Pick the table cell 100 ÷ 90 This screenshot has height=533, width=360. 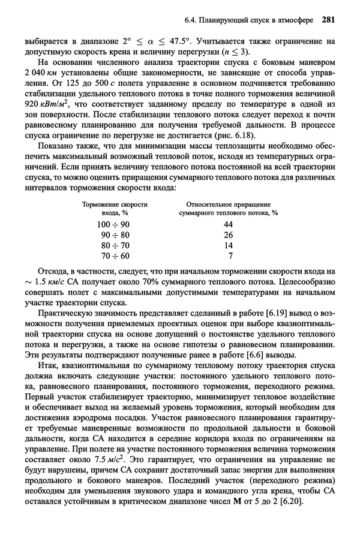113,224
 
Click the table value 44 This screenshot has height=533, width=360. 228,224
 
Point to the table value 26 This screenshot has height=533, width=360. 228,234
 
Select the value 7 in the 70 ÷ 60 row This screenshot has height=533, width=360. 230,256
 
